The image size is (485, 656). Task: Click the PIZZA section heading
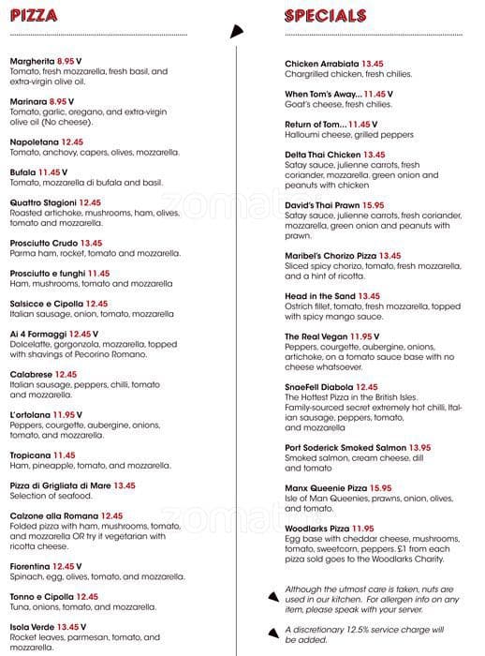tap(34, 15)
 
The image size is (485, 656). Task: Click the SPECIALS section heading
tap(324, 15)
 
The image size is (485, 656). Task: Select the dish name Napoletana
tap(34, 142)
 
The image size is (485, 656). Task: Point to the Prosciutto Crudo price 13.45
tap(91, 243)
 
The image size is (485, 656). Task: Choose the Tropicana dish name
tap(30, 455)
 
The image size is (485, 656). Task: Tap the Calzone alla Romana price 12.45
tap(111, 516)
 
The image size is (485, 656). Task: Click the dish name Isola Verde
tap(32, 627)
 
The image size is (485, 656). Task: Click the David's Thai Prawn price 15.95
tap(374, 205)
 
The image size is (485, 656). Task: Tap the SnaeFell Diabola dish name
tap(318, 387)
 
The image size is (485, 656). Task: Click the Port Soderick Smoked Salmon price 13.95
tap(419, 448)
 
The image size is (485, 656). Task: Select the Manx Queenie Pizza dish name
tap(326, 488)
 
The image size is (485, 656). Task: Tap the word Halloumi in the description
tap(303, 134)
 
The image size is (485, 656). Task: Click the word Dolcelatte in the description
tap(31, 344)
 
